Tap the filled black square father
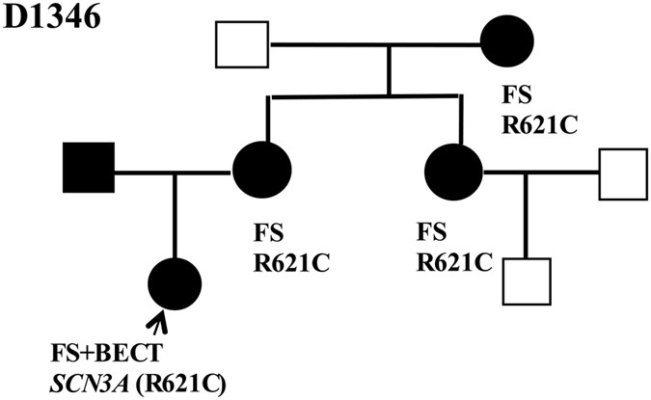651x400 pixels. pyautogui.click(x=88, y=172)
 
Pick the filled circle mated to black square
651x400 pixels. pyautogui.click(x=261, y=172)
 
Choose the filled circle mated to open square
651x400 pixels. pyautogui.click(x=453, y=172)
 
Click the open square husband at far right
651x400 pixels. pyautogui.click(x=623, y=173)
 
